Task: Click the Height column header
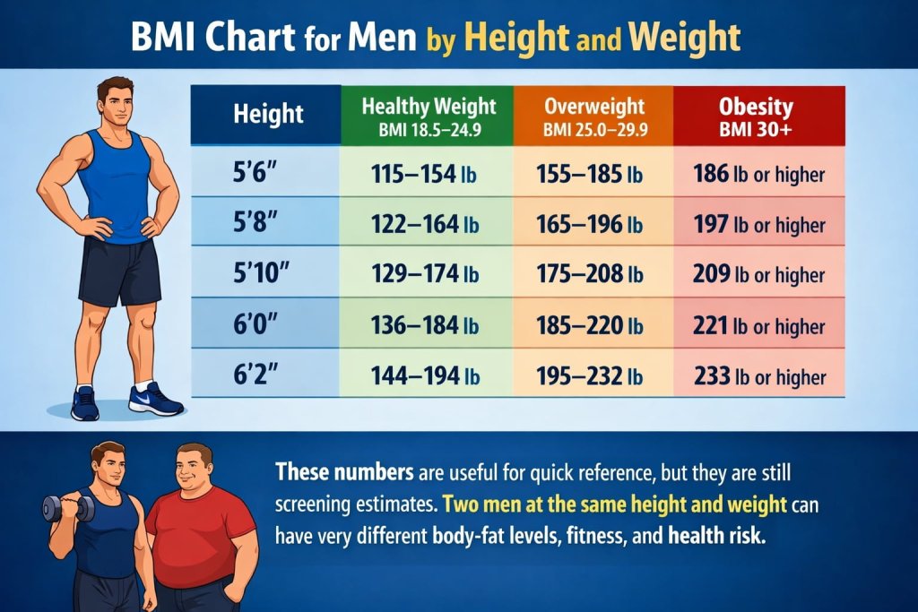[x=267, y=115]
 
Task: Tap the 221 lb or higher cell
[x=758, y=325]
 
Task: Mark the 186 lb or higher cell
[x=758, y=173]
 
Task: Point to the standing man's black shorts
[x=118, y=269]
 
